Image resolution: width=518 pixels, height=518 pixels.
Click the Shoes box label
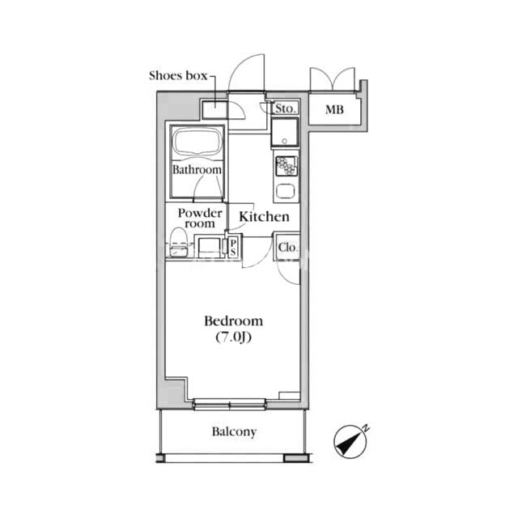tap(178, 75)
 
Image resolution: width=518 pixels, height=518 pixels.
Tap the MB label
tap(334, 109)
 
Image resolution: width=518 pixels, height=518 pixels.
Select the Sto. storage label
tap(285, 108)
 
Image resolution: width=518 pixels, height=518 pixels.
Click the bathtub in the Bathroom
tap(197, 142)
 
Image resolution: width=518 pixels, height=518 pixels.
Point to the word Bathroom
tap(197, 169)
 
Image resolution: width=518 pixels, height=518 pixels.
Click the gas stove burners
tap(287, 165)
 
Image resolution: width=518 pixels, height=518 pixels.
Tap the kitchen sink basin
tap(286, 191)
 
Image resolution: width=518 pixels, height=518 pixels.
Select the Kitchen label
tap(265, 217)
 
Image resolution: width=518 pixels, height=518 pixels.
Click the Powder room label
tap(200, 218)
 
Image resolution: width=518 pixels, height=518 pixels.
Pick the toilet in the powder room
tap(179, 242)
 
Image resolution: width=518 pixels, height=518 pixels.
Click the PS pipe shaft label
tap(233, 248)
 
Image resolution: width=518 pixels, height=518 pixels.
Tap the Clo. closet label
tap(287, 247)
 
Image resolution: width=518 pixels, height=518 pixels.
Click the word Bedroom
tap(234, 321)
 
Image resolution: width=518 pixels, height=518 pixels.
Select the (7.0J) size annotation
tap(234, 338)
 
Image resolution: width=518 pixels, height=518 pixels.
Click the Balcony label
tap(234, 431)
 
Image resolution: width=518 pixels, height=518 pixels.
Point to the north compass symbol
tap(351, 441)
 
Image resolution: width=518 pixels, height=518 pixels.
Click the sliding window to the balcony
tap(230, 405)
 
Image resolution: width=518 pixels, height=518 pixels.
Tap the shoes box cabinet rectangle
tap(214, 110)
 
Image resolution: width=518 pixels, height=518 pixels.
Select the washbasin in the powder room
tap(209, 246)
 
